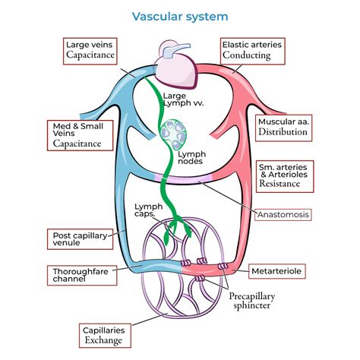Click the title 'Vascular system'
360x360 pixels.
pos(180,17)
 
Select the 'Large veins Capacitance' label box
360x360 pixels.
pos(90,51)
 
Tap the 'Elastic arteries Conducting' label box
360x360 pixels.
pos(253,51)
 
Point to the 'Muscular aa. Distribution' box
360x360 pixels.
pos(283,128)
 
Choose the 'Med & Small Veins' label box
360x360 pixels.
pos(81,135)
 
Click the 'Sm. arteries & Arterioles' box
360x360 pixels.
pos(285,176)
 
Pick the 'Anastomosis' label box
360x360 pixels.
pos(283,215)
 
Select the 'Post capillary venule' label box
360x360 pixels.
pos(81,239)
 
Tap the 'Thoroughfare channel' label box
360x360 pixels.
pos(82,276)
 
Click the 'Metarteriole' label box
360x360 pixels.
pos(277,271)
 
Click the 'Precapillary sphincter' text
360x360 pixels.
pos(252,301)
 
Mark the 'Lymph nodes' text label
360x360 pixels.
pos(191,158)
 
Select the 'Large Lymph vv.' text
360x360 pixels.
pos(184,99)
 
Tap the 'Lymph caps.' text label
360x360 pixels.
pos(148,210)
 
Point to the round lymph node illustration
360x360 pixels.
pos(173,134)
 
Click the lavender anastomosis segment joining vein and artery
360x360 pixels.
pos(183,179)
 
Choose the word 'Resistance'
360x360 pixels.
pos(279,183)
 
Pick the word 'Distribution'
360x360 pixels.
pos(283,131)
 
